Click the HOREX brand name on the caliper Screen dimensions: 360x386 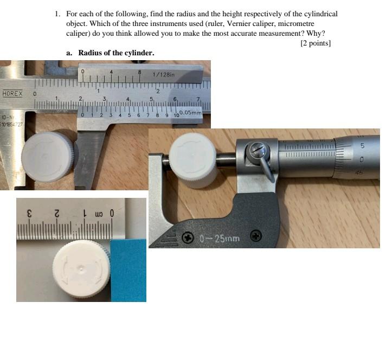pos(12,93)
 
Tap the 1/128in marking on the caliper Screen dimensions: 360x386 pos(164,74)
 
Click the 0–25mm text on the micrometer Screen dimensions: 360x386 pos(219,237)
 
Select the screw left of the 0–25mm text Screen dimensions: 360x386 pos(188,237)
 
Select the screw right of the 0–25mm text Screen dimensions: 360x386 pos(256,236)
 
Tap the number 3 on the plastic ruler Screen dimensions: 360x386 pos(31,213)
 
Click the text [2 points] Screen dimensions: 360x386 pos(315,43)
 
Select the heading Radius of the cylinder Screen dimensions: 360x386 pos(116,53)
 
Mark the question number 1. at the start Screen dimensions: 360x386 pos(57,14)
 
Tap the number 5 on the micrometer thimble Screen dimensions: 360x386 pos(362,146)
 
